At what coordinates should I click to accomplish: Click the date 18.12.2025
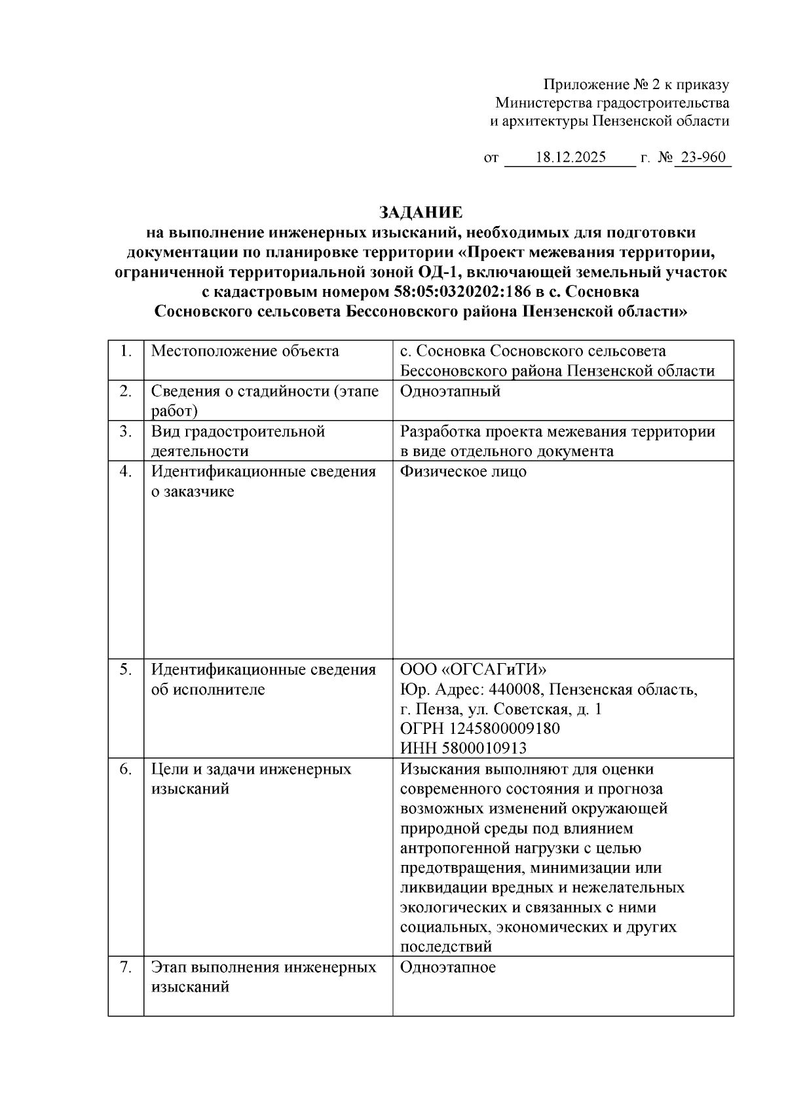coord(571,158)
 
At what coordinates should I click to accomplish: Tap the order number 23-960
coord(703,158)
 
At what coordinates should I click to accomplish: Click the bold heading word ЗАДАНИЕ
coord(421,212)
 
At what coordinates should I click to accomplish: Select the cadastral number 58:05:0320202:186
coord(462,292)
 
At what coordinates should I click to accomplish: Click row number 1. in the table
coord(126,351)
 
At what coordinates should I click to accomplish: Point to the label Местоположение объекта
coord(245,351)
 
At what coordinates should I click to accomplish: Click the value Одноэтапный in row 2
coord(450,391)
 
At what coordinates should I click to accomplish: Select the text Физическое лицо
coord(463,472)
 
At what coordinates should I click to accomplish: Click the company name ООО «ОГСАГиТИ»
coord(473,670)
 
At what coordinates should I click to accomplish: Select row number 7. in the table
coord(126,967)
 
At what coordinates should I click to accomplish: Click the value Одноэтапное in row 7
coord(448,967)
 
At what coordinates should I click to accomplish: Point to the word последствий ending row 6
coord(445,947)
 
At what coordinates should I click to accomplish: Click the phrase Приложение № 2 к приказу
coord(636,85)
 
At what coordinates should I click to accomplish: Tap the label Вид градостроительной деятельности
coord(238,441)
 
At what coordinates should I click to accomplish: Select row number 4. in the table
coord(126,472)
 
